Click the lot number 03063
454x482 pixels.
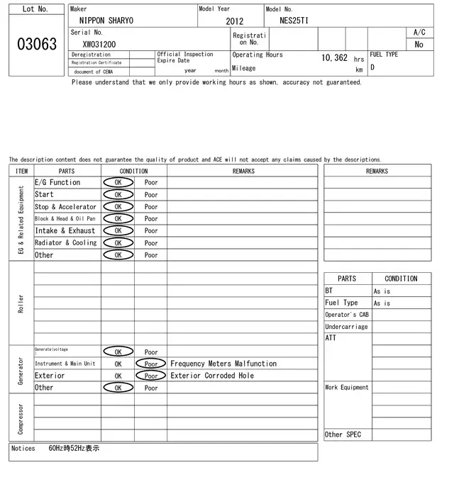(x=36, y=44)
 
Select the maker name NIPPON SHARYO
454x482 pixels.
(x=106, y=21)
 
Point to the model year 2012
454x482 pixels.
(x=235, y=21)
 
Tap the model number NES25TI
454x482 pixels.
(x=294, y=21)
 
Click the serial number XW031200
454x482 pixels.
(x=99, y=44)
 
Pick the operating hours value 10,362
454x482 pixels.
(x=334, y=58)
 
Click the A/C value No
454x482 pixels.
(x=419, y=44)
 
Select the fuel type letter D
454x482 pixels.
(x=372, y=68)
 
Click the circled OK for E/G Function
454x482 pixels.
(x=118, y=183)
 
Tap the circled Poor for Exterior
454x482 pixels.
(x=151, y=376)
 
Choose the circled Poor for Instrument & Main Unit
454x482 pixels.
(x=151, y=364)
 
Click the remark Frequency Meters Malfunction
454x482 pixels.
(x=223, y=364)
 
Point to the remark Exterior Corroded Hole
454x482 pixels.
(x=212, y=376)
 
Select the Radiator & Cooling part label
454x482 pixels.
(x=66, y=243)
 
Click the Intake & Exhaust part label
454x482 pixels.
(x=65, y=231)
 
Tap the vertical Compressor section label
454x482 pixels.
(x=21, y=418)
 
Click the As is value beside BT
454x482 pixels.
(x=382, y=291)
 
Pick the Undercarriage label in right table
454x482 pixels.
(x=346, y=327)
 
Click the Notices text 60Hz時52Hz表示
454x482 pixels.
(x=74, y=449)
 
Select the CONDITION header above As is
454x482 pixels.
(x=401, y=279)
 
